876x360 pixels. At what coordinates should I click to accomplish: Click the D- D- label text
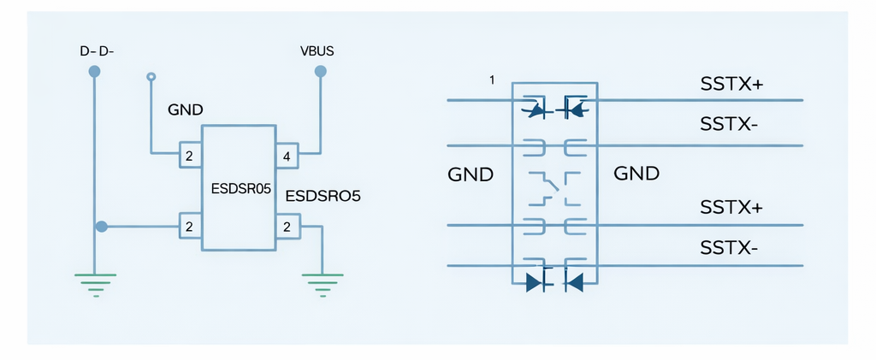click(97, 51)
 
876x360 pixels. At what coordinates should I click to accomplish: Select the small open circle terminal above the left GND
click(151, 77)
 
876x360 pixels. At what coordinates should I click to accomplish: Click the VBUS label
click(317, 51)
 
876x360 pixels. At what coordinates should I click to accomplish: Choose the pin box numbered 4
click(287, 156)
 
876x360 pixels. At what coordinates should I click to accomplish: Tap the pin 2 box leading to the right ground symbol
click(287, 227)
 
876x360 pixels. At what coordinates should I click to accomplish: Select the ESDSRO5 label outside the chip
click(323, 196)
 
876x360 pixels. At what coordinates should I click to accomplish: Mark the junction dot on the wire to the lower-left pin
click(102, 227)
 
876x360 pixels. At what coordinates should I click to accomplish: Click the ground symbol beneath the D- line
click(95, 281)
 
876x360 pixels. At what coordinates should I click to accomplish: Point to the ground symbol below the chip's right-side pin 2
click(323, 281)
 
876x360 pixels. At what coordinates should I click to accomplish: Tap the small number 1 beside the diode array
click(492, 80)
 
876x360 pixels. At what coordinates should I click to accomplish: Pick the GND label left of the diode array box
click(471, 175)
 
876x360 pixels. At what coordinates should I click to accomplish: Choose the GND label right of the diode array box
click(636, 174)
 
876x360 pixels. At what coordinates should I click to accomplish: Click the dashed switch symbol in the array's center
click(553, 187)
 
